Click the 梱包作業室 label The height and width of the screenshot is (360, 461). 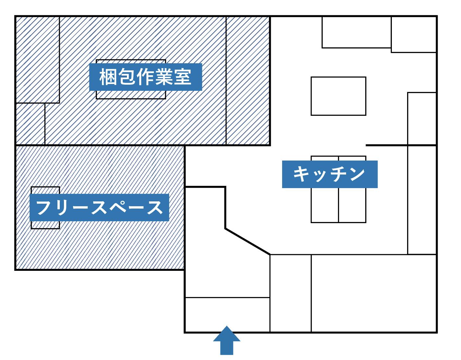click(145, 77)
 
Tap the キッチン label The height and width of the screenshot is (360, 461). click(330, 174)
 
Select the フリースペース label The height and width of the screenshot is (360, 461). click(99, 208)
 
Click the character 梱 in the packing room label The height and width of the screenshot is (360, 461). click(108, 77)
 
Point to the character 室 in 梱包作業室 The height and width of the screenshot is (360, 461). click(183, 77)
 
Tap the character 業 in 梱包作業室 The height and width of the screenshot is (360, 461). click(164, 77)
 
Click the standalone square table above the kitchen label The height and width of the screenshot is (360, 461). click(338, 96)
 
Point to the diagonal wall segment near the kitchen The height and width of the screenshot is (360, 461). click(247, 241)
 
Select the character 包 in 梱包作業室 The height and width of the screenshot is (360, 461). click(127, 77)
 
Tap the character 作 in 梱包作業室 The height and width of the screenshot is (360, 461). click(145, 77)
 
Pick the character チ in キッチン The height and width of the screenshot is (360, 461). click(338, 174)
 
